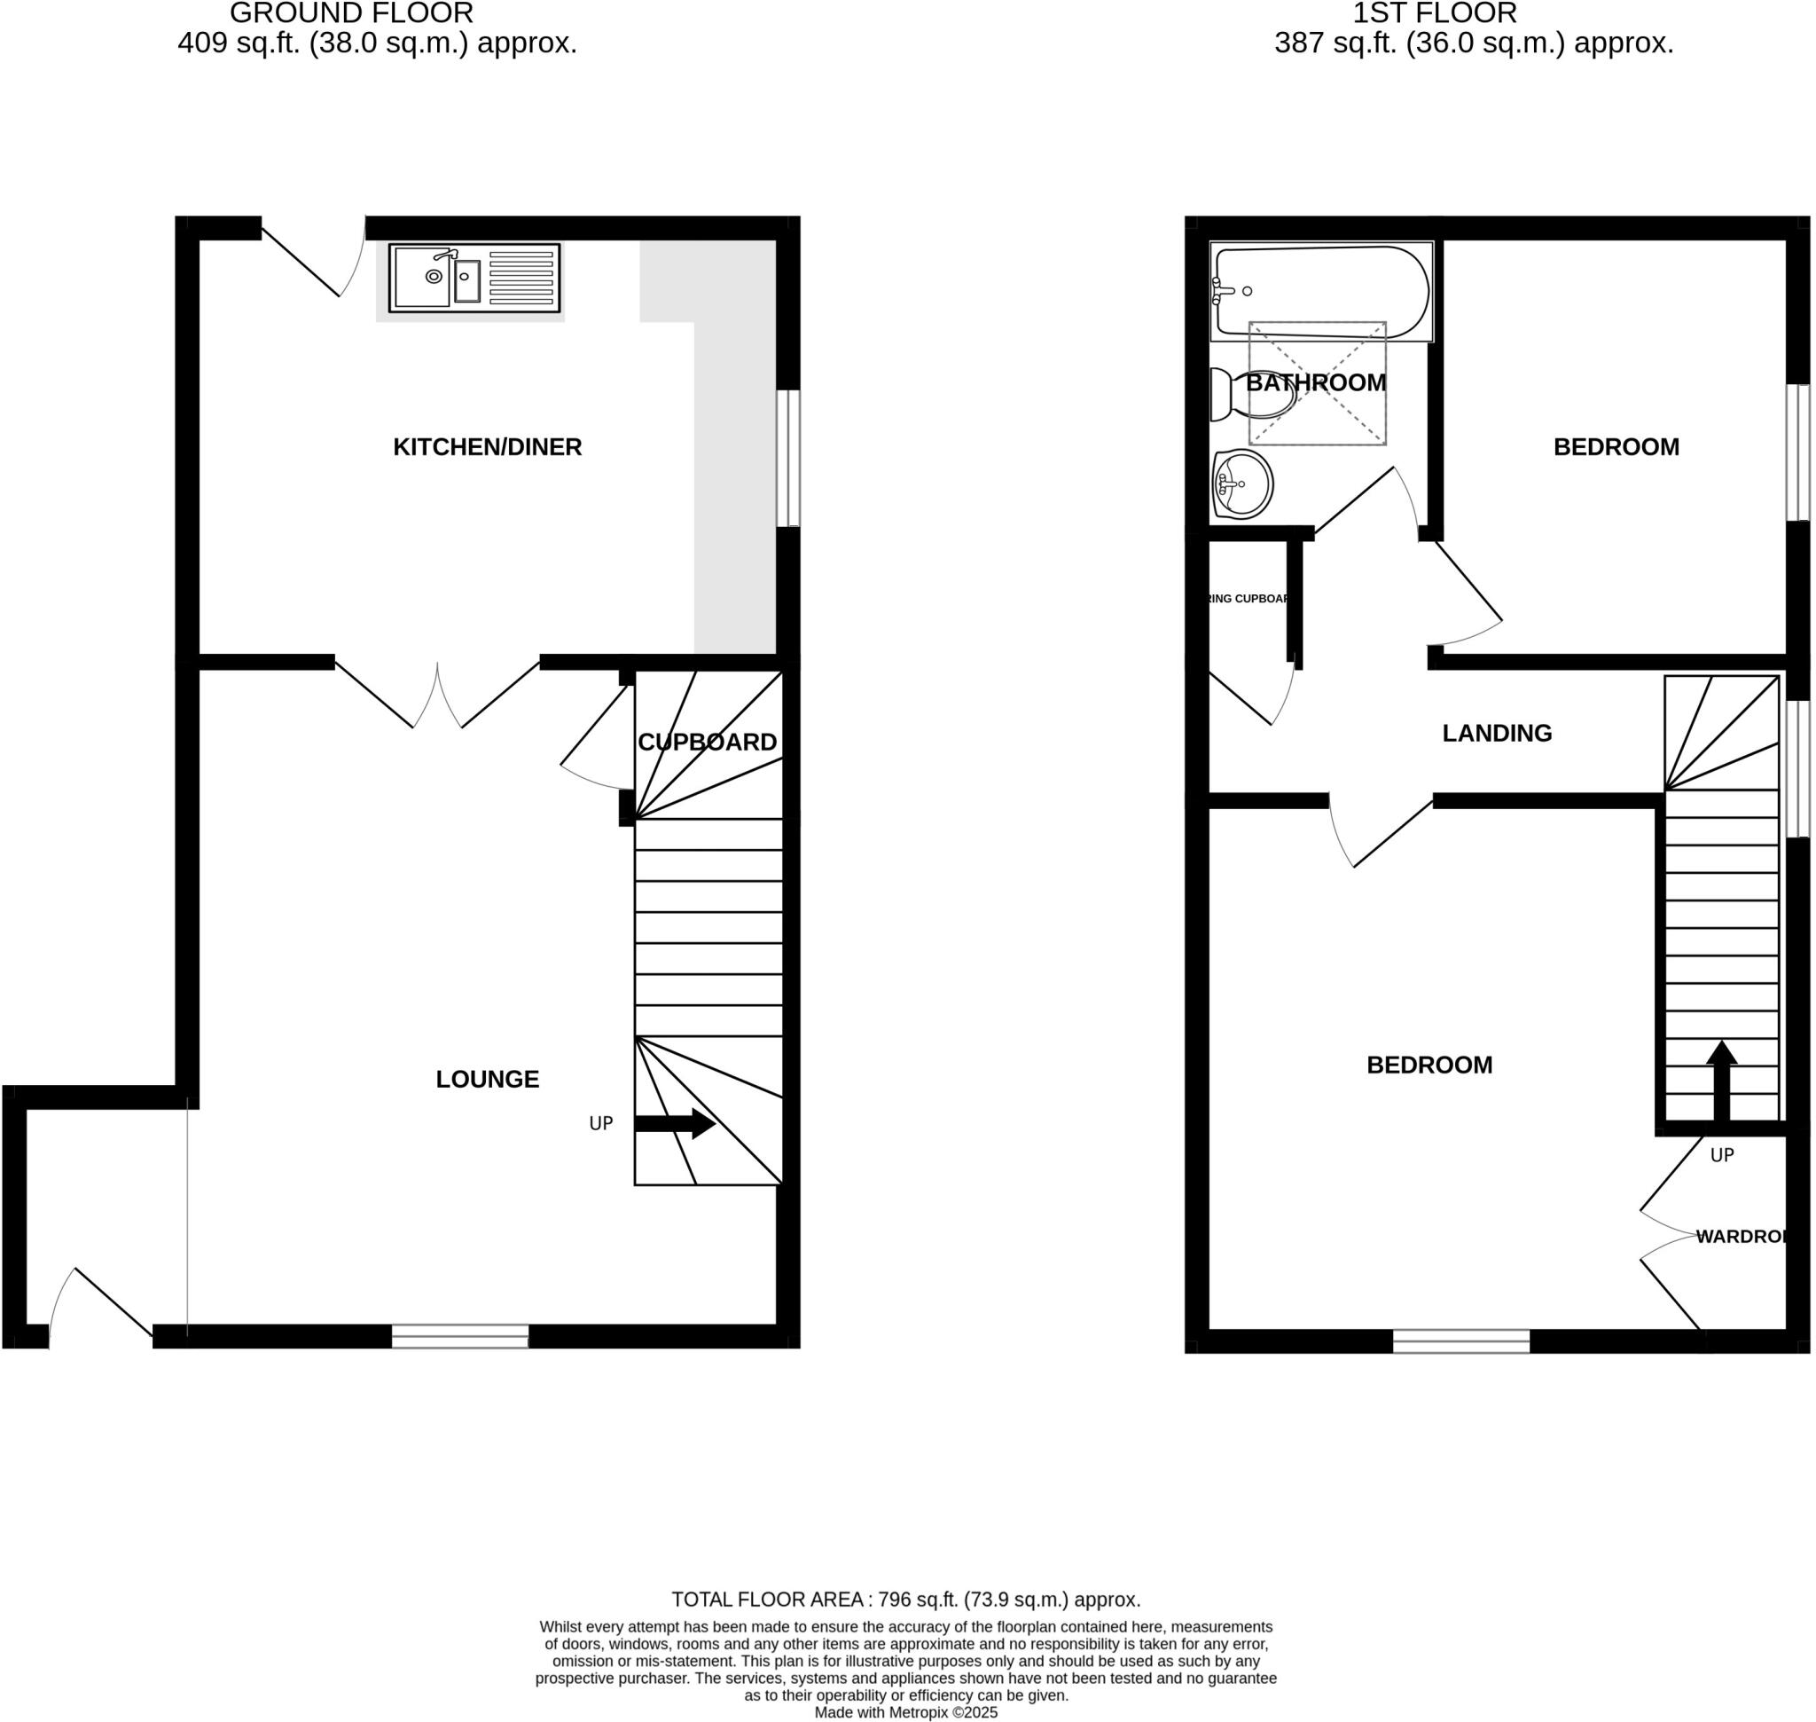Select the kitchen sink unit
474,277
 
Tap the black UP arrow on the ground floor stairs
675,1123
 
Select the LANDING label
1496,734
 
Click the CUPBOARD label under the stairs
707,743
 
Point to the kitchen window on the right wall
787,458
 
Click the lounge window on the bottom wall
459,1336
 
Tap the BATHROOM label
1315,382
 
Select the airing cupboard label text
1248,599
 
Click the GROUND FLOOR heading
351,12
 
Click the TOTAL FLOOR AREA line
904,1600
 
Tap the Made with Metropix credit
904,1713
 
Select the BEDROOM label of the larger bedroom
1429,1065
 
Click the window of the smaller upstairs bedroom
1796,452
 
